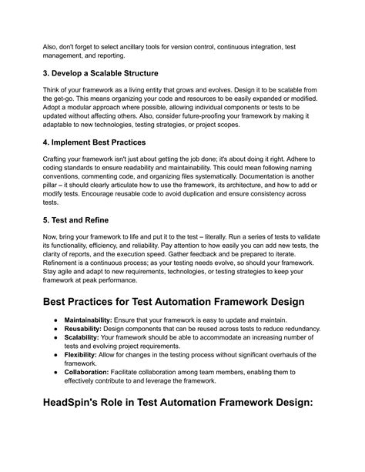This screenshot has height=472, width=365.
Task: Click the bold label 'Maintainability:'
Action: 93,318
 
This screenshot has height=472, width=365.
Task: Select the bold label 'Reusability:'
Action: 87,328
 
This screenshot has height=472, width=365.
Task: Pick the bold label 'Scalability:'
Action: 85,338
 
